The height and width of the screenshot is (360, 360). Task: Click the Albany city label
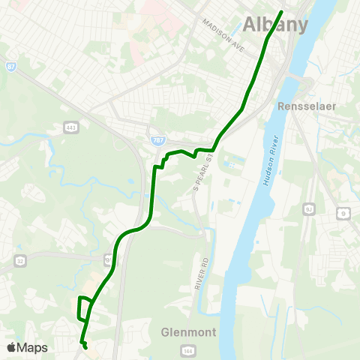click(x=275, y=24)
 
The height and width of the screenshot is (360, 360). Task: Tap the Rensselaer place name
click(x=305, y=106)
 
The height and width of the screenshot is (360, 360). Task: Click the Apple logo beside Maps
click(x=11, y=347)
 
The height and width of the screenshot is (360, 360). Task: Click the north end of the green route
click(x=282, y=12)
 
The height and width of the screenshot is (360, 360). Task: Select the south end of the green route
click(x=85, y=347)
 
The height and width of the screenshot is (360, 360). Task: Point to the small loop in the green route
click(x=84, y=307)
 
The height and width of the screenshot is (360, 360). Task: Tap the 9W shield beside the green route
click(x=108, y=260)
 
